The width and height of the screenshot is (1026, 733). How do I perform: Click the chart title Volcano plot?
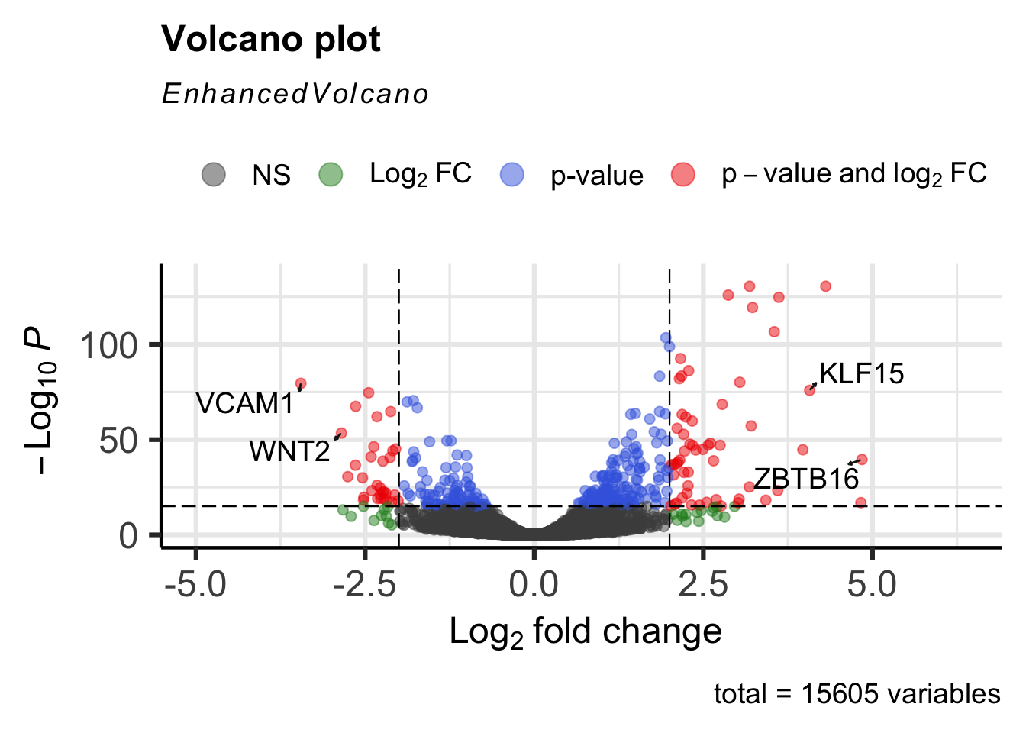coord(271,40)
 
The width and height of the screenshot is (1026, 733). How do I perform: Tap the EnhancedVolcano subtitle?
coord(295,94)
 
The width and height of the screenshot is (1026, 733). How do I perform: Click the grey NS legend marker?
coord(214,174)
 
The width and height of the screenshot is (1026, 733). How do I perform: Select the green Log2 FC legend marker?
coord(331,174)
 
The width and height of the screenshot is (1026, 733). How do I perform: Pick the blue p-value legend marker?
coord(512,174)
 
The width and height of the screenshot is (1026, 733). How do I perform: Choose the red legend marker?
coord(682,174)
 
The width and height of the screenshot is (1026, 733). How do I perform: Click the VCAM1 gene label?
coord(244,403)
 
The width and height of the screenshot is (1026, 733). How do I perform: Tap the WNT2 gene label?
coord(289,451)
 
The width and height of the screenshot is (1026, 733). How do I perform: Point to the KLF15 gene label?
coord(861,373)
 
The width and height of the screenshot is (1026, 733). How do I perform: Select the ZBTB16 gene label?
coord(806,479)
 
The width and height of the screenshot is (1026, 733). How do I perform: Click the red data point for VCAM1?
coord(301,383)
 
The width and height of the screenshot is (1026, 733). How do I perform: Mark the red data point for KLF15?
coord(810,390)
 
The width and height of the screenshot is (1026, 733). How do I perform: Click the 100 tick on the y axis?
coord(108,346)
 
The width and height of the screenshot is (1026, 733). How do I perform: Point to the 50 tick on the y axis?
coord(118,441)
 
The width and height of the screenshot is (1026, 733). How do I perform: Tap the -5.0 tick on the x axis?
coord(195,586)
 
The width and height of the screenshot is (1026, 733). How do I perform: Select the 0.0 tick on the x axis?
coord(534,586)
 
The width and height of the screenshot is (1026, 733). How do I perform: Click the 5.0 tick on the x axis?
coord(872,586)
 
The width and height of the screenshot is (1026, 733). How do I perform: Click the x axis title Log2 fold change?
coord(585,632)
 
